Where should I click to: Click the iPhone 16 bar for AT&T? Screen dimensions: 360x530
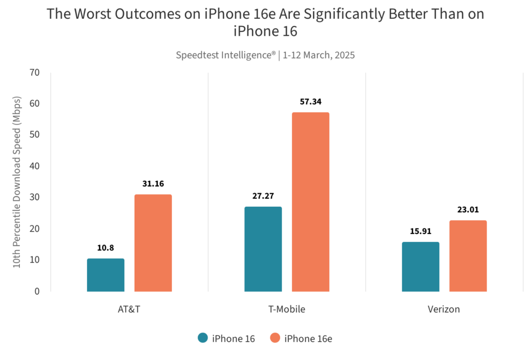(x=106, y=275)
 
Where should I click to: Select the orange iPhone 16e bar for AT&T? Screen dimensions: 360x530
(x=153, y=243)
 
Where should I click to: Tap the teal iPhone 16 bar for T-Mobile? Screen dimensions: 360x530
(x=263, y=249)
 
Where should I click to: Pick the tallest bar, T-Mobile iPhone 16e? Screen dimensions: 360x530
(x=311, y=202)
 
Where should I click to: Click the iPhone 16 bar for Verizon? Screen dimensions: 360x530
(x=420, y=267)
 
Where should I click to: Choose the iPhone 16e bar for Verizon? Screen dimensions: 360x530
(x=468, y=256)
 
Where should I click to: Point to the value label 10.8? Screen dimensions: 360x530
(x=106, y=248)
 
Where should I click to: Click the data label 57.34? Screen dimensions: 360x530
(x=311, y=102)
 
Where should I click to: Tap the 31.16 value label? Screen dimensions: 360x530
(x=153, y=183)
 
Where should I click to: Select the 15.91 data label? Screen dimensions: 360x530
(x=420, y=231)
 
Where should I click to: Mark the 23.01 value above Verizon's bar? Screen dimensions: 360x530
(x=468, y=210)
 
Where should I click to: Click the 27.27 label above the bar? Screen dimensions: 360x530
(x=263, y=196)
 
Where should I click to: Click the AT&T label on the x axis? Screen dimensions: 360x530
(x=129, y=309)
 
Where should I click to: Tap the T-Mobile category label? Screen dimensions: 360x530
(x=287, y=309)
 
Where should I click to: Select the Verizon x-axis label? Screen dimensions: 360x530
(x=444, y=309)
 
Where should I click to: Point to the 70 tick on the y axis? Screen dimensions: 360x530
(x=35, y=72)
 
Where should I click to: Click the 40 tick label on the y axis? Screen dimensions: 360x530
(x=35, y=166)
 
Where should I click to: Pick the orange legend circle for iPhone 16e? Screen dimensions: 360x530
(x=276, y=338)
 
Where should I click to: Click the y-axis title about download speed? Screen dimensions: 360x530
(x=17, y=181)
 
